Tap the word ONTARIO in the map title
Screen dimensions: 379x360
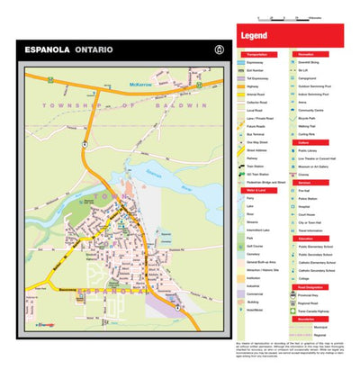[94, 50]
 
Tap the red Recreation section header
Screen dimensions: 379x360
[306, 55]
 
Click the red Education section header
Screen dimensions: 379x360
[304, 237]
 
